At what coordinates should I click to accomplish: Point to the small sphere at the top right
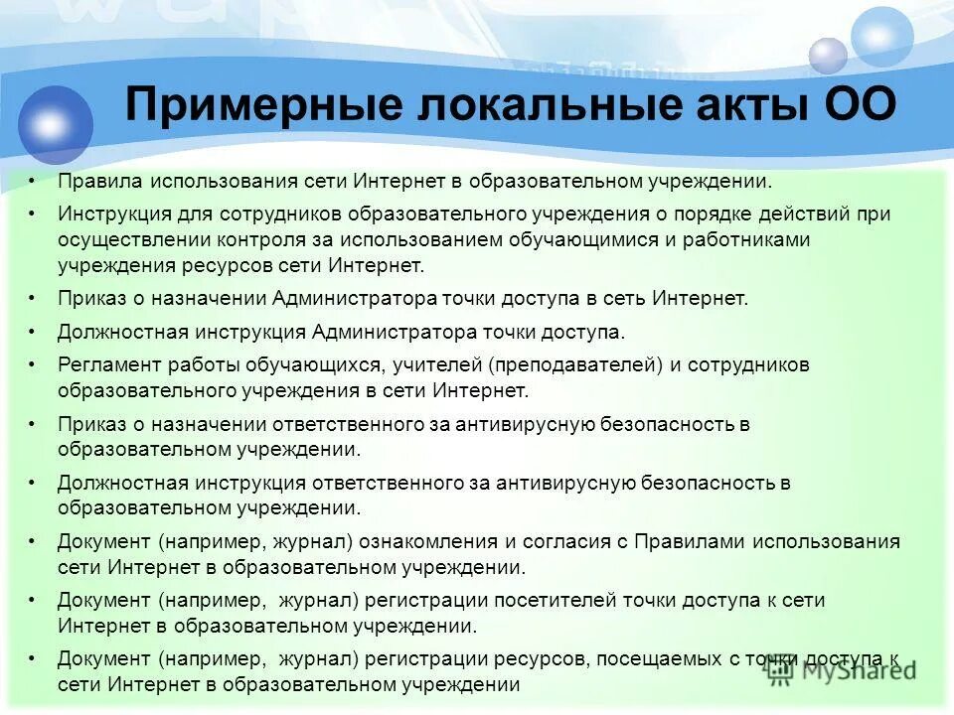click(x=828, y=56)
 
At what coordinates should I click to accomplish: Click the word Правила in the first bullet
click(x=99, y=182)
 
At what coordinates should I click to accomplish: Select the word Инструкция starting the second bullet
click(x=115, y=214)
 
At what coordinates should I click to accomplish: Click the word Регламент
click(x=106, y=364)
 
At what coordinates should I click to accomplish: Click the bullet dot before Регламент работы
click(x=33, y=364)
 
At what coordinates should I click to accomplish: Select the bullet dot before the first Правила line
click(x=33, y=182)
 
